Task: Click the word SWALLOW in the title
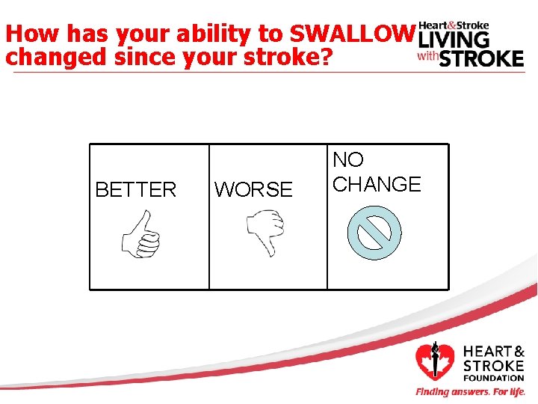350,34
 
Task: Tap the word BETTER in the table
136,190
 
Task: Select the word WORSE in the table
253,190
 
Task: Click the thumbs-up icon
142,233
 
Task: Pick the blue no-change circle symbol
374,233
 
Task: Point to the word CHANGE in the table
377,184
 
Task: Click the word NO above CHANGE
348,159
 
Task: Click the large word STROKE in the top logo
481,58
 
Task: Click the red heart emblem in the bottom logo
434,361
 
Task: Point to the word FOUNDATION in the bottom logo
494,378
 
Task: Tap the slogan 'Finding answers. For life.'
470,392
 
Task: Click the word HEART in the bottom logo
487,352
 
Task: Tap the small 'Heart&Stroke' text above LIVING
454,25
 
